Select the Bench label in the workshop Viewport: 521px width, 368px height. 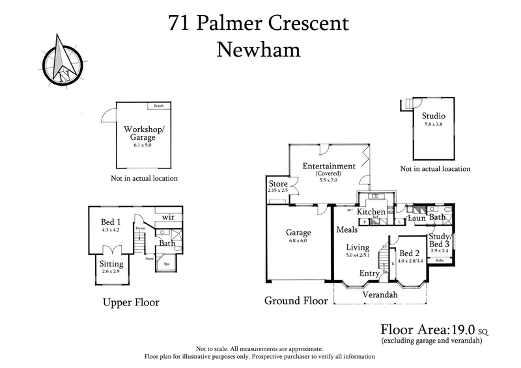(158, 106)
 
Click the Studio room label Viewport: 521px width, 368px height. (434, 118)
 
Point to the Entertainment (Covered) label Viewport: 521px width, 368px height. (329, 166)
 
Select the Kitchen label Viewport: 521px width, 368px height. (371, 212)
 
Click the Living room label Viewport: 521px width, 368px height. (358, 248)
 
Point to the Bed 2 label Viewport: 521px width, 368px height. (409, 254)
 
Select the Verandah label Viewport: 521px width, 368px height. (380, 295)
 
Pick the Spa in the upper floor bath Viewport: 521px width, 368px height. (166, 264)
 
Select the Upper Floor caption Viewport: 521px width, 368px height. (131, 302)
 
